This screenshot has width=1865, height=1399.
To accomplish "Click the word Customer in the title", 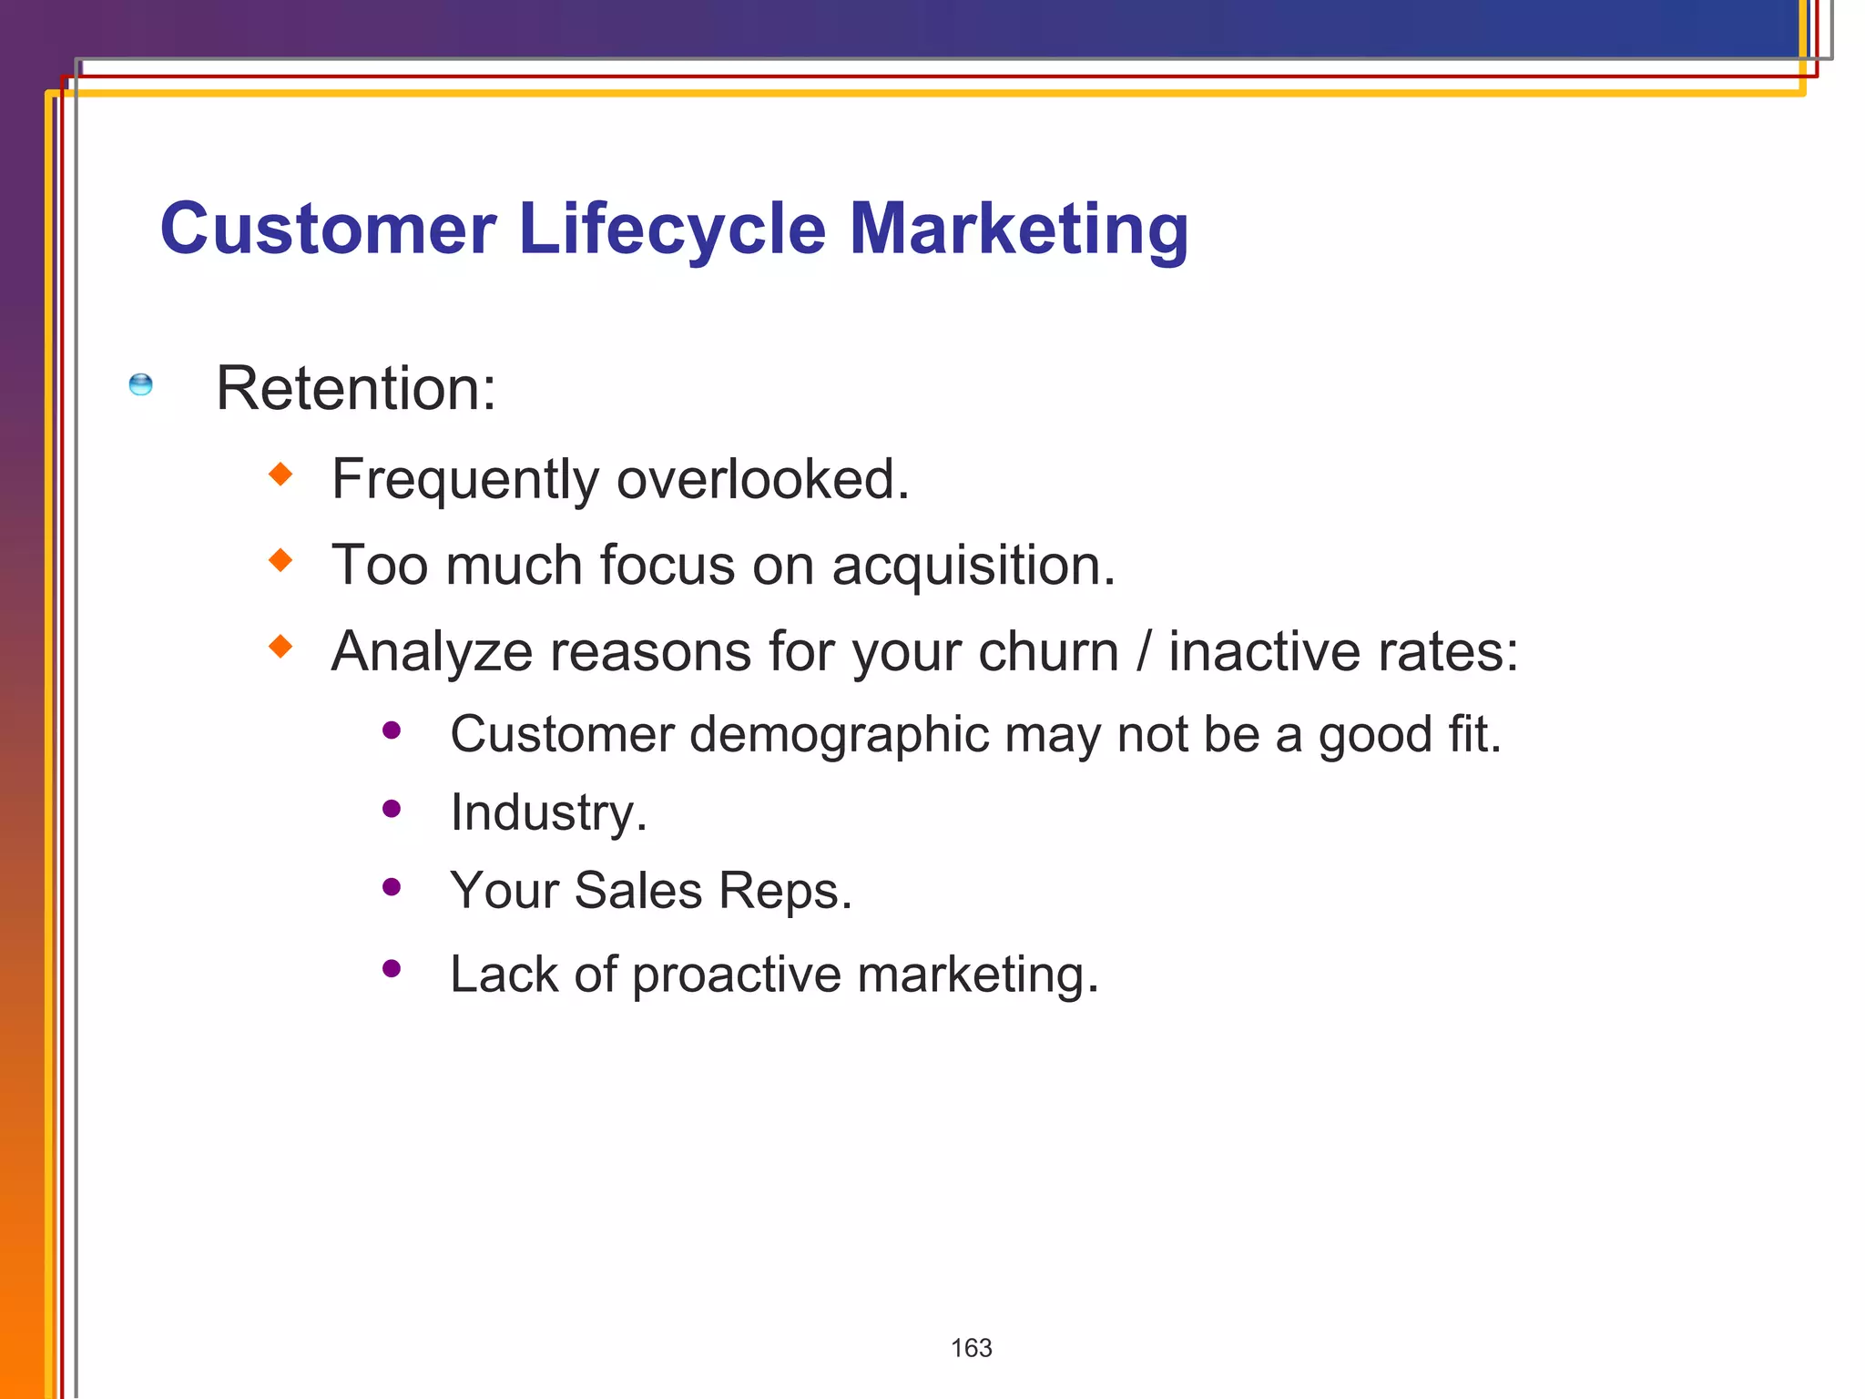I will [x=328, y=229].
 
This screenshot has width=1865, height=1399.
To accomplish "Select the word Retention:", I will [x=356, y=389].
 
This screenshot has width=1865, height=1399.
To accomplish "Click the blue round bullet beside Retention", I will [x=141, y=384].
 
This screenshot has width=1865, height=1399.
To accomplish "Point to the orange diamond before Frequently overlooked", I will [x=280, y=474].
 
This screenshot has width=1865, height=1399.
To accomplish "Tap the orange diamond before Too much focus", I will [x=280, y=559].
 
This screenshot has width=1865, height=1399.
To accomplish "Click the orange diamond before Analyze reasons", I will [x=280, y=647].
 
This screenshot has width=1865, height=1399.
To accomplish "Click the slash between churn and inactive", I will [x=1144, y=652].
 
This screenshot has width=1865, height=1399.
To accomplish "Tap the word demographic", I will [x=838, y=735].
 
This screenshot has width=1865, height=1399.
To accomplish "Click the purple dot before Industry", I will [x=392, y=809].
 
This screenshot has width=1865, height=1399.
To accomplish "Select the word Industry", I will [x=548, y=812].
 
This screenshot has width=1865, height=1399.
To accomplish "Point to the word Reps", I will [x=785, y=891].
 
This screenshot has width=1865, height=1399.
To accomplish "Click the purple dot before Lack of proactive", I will [x=392, y=969].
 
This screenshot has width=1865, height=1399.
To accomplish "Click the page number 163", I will [x=971, y=1348].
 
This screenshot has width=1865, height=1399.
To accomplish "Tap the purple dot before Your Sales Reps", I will [x=392, y=887].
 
